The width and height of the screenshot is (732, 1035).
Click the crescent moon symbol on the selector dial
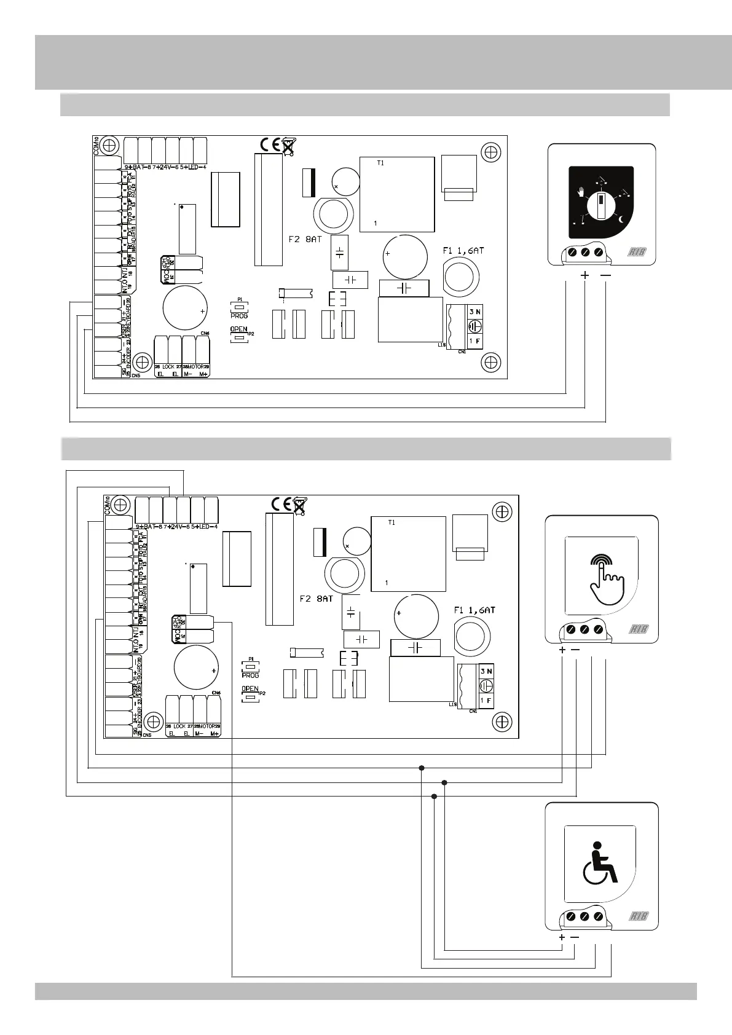[622, 219]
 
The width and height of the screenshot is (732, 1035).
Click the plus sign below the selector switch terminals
[584, 275]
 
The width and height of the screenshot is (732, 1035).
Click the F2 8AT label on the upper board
[305, 239]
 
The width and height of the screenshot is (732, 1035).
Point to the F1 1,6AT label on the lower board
[473, 610]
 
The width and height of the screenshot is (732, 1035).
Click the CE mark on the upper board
[269, 145]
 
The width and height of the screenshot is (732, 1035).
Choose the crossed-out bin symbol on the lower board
[299, 505]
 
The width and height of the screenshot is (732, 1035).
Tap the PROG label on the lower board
[250, 675]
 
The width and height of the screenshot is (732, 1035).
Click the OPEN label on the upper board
[239, 329]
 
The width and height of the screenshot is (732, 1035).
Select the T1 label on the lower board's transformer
[392, 522]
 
